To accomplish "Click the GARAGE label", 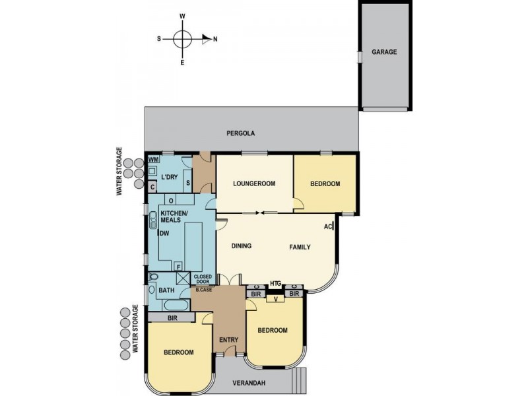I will (384, 52).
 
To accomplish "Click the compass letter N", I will (215, 39).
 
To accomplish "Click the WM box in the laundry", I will (153, 160).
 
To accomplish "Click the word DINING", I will (243, 247).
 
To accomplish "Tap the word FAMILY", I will (300, 247).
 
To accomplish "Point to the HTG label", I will (275, 283).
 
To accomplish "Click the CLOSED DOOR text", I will (202, 279).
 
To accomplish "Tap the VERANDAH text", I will (252, 383).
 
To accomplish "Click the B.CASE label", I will (203, 290).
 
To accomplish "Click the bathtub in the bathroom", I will (173, 306).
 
